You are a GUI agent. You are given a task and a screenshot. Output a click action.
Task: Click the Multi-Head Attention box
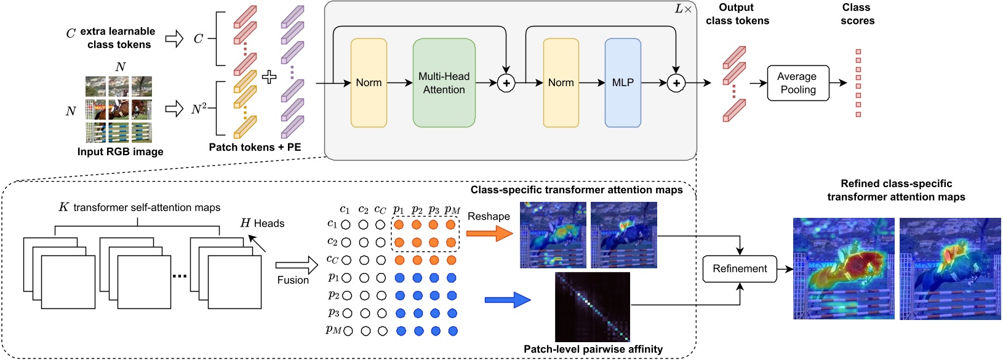[x=444, y=82]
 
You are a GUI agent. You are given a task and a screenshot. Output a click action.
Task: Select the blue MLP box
[x=623, y=82]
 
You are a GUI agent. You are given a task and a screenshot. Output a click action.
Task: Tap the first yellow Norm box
[x=369, y=82]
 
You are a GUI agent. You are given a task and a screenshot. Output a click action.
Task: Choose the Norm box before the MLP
[x=561, y=82]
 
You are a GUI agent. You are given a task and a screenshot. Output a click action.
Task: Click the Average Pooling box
[x=797, y=83]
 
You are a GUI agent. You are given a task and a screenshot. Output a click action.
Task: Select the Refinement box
[x=740, y=269]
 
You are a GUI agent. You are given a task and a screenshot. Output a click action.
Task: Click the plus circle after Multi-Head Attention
[x=506, y=83]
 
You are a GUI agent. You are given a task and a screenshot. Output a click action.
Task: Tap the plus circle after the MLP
[x=676, y=83]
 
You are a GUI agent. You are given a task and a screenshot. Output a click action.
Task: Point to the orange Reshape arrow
[x=489, y=233]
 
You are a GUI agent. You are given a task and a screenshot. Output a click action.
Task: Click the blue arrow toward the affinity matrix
[x=508, y=300]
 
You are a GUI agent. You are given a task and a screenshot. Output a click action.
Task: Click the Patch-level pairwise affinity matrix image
[x=593, y=306]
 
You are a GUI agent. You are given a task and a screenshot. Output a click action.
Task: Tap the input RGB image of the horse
[x=119, y=110]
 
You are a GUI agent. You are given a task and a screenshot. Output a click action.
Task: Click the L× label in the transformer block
[x=683, y=9]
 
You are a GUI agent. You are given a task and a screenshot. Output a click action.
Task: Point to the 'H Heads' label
[x=262, y=223]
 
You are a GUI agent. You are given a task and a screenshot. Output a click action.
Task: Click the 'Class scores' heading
[x=857, y=14]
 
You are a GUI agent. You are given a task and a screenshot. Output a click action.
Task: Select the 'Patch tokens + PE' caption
[x=255, y=147]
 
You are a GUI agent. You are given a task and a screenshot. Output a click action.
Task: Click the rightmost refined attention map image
[x=949, y=268]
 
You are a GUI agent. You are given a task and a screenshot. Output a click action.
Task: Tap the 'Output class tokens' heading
[x=737, y=14]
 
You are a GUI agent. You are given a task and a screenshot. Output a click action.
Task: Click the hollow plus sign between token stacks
[x=269, y=77]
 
